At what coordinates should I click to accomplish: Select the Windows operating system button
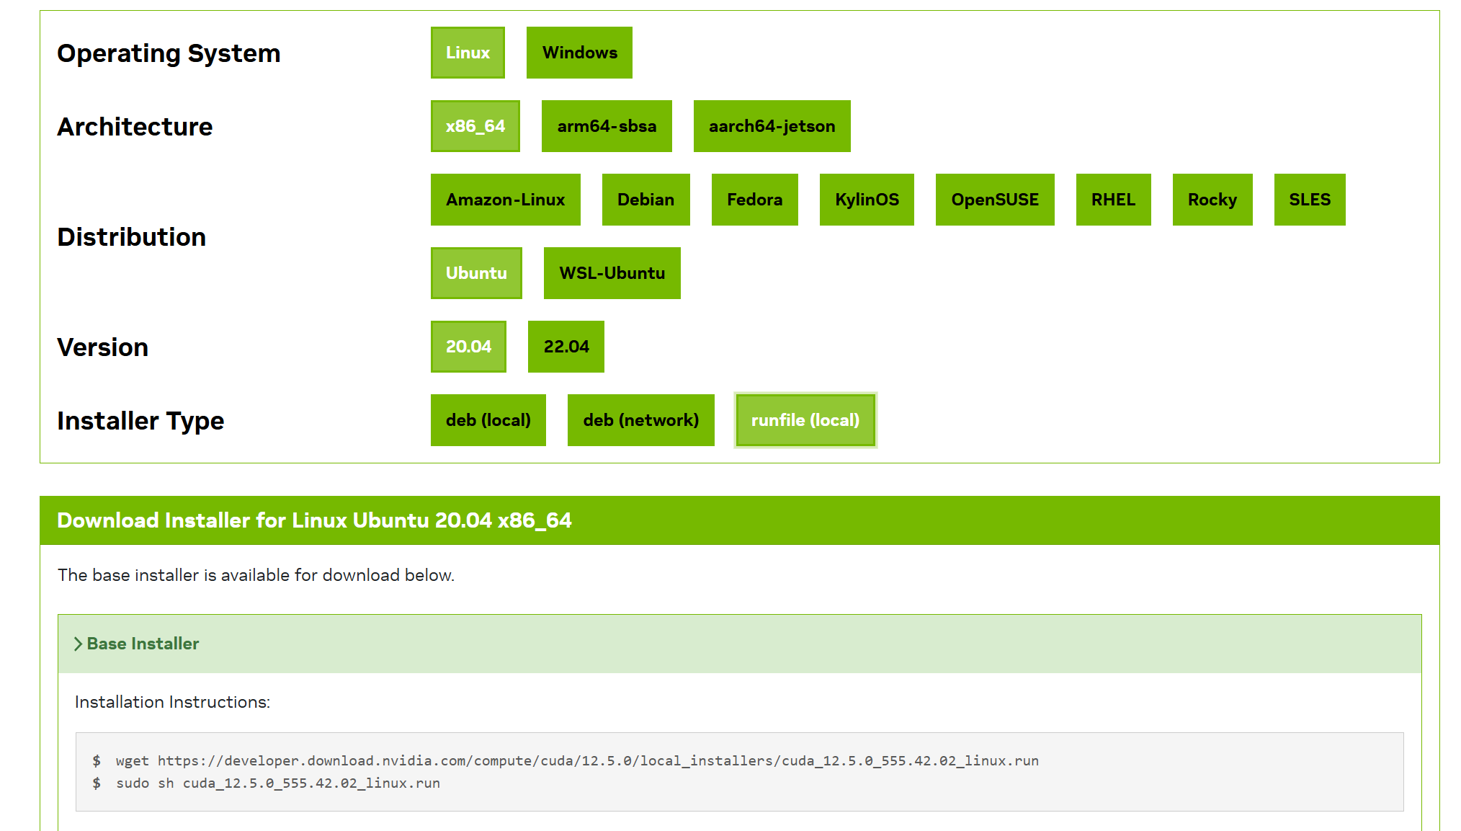pos(579,53)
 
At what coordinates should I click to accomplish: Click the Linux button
pos(468,53)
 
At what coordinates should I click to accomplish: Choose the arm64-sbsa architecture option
pos(607,126)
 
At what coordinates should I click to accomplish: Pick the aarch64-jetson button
pos(772,126)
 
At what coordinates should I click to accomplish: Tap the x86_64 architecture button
pos(475,126)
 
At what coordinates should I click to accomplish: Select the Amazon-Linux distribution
pos(505,200)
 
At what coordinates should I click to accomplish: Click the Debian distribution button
pos(645,200)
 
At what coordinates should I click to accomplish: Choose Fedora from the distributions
pos(754,200)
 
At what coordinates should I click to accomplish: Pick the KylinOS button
pos(867,200)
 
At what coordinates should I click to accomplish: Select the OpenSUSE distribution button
pos(994,200)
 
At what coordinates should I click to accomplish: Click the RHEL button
pos(1113,200)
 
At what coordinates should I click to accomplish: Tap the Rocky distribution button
pos(1212,200)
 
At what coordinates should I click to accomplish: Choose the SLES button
pos(1309,200)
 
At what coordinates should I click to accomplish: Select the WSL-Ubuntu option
pos(612,273)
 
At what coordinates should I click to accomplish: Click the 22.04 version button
pos(566,347)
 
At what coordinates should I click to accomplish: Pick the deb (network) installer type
pos(640,420)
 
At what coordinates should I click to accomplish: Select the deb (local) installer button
pos(488,420)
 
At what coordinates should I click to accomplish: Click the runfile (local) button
pos(805,420)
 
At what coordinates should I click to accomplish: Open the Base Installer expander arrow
pos(78,644)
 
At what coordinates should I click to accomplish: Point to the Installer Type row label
pos(140,421)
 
